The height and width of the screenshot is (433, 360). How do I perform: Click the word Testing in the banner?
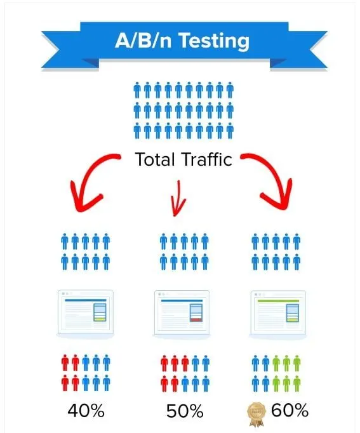(214, 41)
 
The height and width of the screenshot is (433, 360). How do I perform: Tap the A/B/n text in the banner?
(143, 41)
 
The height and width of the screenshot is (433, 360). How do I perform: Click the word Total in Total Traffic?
(155, 159)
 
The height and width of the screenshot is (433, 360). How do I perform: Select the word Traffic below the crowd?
(207, 159)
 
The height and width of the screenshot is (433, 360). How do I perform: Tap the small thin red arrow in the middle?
(178, 199)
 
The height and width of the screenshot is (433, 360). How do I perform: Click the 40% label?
(86, 411)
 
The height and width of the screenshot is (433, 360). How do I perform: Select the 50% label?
(185, 411)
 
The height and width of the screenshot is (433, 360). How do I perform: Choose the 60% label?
(290, 410)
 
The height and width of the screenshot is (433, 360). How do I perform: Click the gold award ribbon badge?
(257, 414)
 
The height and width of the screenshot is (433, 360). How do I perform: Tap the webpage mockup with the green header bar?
(278, 314)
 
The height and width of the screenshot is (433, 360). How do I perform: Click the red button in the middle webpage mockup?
(196, 320)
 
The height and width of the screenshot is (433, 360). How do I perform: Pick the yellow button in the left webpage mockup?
(100, 319)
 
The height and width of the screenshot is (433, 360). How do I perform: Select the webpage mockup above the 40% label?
(85, 314)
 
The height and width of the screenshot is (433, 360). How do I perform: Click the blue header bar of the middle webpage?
(182, 300)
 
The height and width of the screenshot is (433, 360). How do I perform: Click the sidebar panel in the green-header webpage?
(293, 313)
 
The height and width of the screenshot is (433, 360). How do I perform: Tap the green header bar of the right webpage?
(278, 301)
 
